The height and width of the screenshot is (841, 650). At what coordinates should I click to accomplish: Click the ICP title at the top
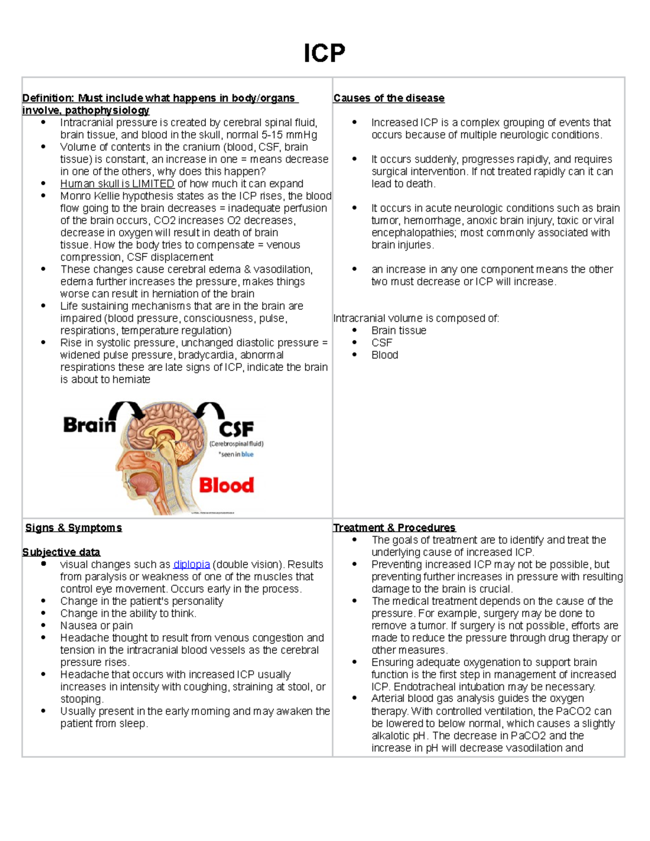point(324,54)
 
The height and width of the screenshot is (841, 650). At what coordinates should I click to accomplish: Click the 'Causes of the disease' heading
point(388,98)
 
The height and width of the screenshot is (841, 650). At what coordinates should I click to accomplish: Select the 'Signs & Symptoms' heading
point(74,527)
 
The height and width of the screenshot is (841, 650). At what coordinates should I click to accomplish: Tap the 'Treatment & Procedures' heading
point(394,527)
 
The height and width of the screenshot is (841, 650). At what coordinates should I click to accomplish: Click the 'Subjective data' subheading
point(61,552)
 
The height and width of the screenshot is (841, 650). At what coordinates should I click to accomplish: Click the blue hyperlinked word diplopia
point(191,564)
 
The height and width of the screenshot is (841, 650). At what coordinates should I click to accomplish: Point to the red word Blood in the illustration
point(226,485)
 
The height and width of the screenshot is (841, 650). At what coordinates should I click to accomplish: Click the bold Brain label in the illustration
point(89,425)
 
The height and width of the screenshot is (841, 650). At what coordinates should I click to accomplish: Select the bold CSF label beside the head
point(236,429)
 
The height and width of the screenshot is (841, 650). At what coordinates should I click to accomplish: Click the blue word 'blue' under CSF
point(247,454)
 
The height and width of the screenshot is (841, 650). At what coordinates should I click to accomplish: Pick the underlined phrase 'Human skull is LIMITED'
point(117,184)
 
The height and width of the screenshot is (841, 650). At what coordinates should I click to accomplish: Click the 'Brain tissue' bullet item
point(399,330)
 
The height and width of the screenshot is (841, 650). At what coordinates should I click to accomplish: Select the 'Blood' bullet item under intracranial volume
point(385,355)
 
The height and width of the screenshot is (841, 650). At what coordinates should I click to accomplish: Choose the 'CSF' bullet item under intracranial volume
point(381,343)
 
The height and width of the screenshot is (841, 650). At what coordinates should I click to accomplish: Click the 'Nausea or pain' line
point(96,625)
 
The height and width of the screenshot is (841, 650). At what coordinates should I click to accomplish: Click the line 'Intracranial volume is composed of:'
point(416,318)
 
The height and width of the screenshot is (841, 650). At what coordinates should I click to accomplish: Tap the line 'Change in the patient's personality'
point(141,601)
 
